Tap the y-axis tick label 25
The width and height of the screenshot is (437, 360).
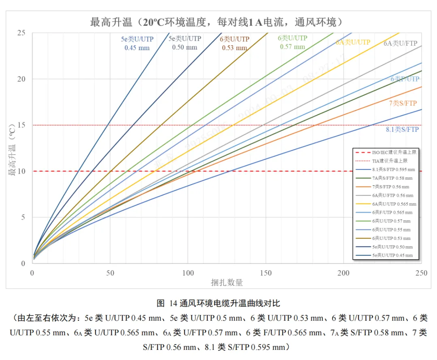(23, 33)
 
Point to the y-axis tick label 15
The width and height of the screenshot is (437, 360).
(23, 125)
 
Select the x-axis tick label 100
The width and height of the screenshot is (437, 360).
(188, 273)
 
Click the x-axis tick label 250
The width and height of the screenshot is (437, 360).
(421, 273)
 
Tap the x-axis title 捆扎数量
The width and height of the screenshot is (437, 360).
(227, 283)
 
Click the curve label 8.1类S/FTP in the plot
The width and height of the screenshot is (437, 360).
(402, 130)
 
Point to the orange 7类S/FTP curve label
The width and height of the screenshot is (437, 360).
(403, 104)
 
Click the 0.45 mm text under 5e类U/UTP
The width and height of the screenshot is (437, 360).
(137, 48)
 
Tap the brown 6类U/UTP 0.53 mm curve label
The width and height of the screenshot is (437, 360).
(234, 43)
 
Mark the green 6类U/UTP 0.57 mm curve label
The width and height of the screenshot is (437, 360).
(292, 42)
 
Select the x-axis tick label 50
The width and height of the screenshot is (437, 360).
(110, 273)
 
